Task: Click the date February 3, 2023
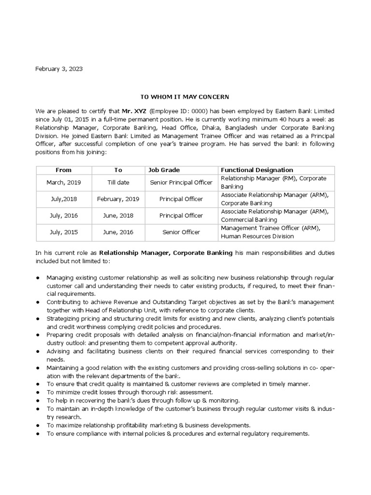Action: [x=59, y=69]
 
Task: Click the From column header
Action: [x=63, y=170]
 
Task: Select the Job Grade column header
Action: [x=164, y=170]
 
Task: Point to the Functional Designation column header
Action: [x=257, y=170]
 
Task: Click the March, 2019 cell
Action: [x=63, y=182]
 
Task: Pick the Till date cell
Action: [x=118, y=182]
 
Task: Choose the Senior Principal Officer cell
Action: [x=181, y=182]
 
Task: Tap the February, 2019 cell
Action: [x=118, y=199]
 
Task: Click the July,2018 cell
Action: [x=63, y=199]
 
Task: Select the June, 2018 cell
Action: [x=118, y=216]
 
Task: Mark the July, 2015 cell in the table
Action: [x=63, y=232]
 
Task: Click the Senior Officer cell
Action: [x=181, y=232]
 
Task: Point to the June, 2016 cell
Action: [x=118, y=232]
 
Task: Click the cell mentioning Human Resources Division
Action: [x=257, y=236]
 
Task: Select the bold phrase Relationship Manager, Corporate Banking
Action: [x=166, y=253]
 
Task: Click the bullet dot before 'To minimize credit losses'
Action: [x=38, y=392]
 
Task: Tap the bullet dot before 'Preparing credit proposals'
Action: [x=38, y=334]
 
